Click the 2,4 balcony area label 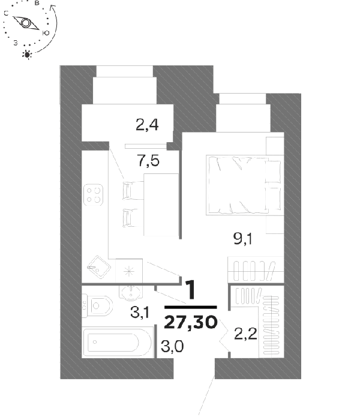pyautogui.click(x=147, y=125)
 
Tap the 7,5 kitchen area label pyautogui.click(x=148, y=161)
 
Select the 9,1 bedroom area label pyautogui.click(x=242, y=238)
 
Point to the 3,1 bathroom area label pyautogui.click(x=140, y=312)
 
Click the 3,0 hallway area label pyautogui.click(x=172, y=346)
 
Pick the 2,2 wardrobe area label pyautogui.click(x=245, y=334)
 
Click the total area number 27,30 pyautogui.click(x=190, y=322)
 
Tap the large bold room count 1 pyautogui.click(x=191, y=290)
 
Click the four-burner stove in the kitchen pyautogui.click(x=93, y=195)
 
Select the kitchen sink pyautogui.click(x=99, y=267)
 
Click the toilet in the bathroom pyautogui.click(x=97, y=305)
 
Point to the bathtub pyautogui.click(x=117, y=342)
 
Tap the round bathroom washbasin pyautogui.click(x=131, y=292)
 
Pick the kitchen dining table pyautogui.click(x=161, y=205)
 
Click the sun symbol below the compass pyautogui.click(x=27, y=55)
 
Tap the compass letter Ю pyautogui.click(x=46, y=33)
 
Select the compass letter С pyautogui.click(x=6, y=13)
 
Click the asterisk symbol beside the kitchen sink pyautogui.click(x=129, y=271)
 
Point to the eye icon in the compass pyautogui.click(x=26, y=23)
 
